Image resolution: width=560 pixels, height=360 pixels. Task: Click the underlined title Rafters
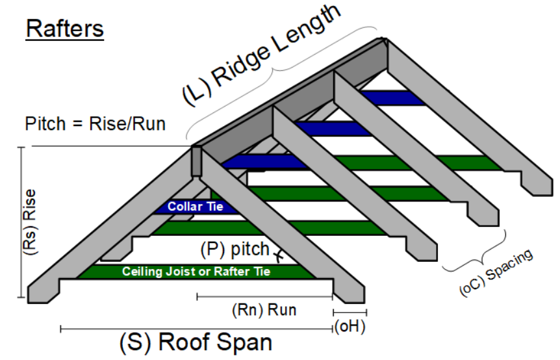click(x=64, y=29)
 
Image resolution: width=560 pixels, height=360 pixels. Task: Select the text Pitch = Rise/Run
click(x=95, y=123)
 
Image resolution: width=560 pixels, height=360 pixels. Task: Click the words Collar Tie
click(x=196, y=207)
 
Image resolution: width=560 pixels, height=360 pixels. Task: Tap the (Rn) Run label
click(x=264, y=310)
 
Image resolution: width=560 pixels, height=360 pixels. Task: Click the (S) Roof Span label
click(x=196, y=342)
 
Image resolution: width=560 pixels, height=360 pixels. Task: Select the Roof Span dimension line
click(x=196, y=329)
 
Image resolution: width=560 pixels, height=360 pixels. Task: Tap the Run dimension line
click(x=264, y=297)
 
